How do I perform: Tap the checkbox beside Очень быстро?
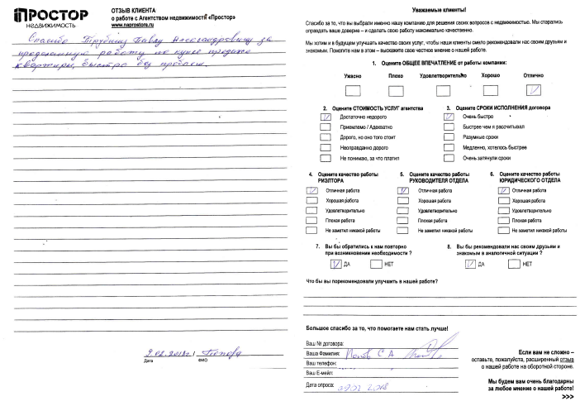(449, 118)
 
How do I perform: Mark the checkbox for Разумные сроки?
(449, 138)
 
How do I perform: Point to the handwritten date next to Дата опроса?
(362, 385)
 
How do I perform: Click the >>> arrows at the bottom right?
(568, 398)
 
